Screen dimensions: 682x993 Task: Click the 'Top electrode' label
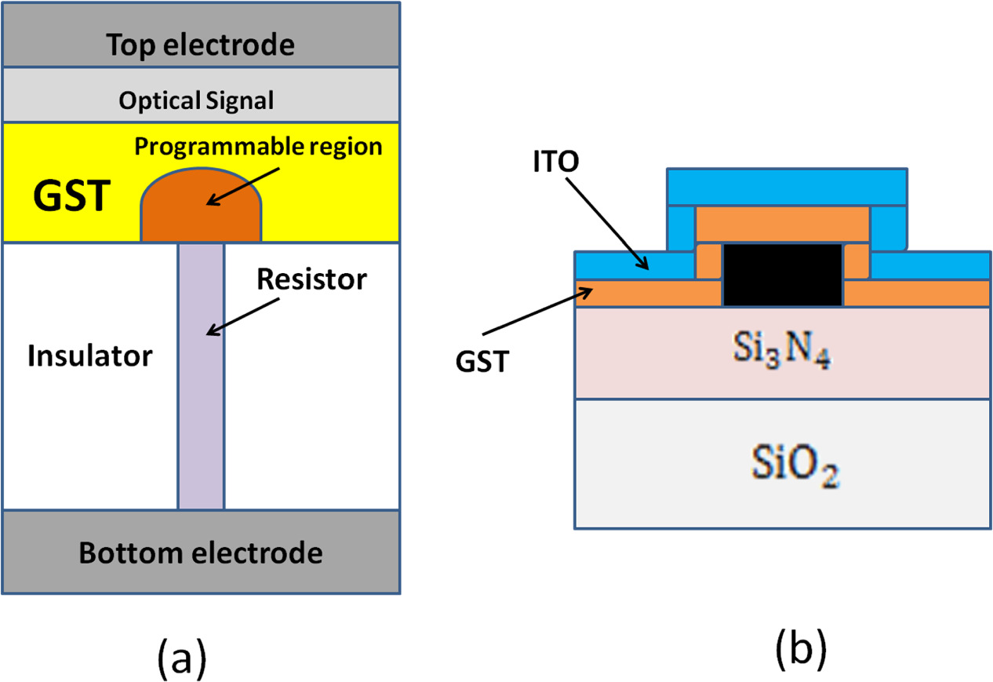click(201, 46)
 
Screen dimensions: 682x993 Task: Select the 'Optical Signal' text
click(196, 100)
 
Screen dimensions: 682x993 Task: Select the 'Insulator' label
click(89, 356)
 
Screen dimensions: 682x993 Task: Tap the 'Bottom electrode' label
click(201, 553)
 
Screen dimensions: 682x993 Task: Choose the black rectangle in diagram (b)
click(782, 274)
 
